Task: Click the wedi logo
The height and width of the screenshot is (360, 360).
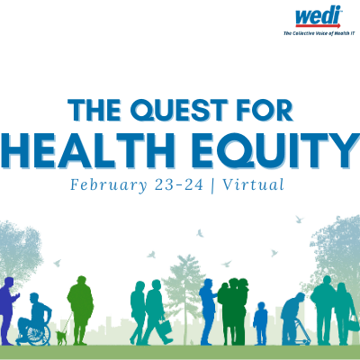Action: click(x=319, y=16)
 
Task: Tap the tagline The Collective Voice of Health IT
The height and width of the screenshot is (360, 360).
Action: click(x=319, y=33)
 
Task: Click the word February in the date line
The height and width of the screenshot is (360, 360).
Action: click(x=109, y=185)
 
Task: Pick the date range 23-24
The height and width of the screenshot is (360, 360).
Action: click(x=179, y=184)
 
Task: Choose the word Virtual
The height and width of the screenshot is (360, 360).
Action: click(x=254, y=184)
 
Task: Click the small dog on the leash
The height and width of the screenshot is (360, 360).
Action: click(x=61, y=337)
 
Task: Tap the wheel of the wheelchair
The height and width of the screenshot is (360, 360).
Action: click(x=39, y=334)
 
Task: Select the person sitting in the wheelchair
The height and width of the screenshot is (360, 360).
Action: click(x=35, y=315)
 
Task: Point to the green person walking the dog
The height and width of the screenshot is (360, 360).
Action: click(x=80, y=310)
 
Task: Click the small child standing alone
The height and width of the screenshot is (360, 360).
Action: click(x=260, y=323)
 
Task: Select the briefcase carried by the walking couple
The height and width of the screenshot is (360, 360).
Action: click(x=165, y=328)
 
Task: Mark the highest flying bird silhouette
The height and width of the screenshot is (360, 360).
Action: click(x=299, y=219)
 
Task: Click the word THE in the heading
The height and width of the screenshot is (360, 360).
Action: click(x=94, y=110)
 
